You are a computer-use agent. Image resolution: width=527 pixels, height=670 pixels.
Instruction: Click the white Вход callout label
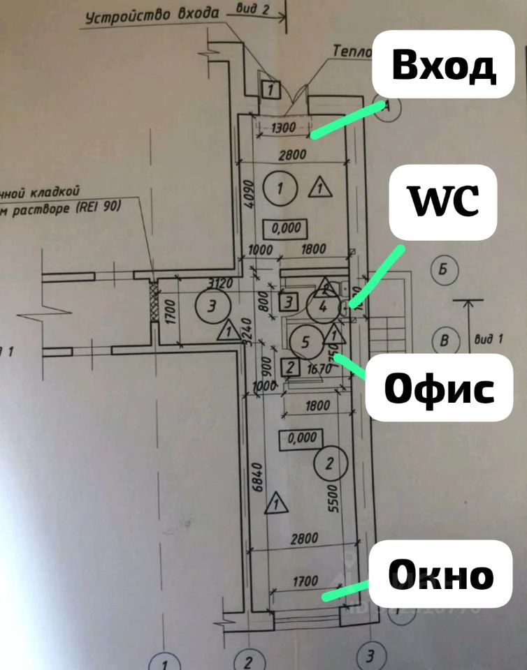click(443, 67)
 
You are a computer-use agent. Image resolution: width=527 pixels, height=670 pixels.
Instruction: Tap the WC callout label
click(443, 202)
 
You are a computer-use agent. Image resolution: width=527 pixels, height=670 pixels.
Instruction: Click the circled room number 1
click(280, 187)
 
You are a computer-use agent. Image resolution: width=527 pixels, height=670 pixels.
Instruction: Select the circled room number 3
click(211, 304)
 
